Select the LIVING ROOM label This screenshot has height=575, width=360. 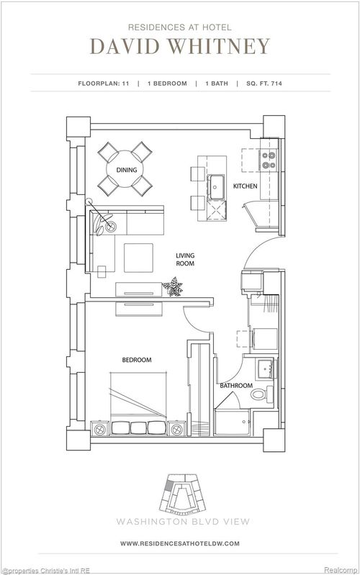tap(187, 260)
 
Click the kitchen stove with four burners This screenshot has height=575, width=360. tap(269, 159)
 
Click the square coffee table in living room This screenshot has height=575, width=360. tap(138, 258)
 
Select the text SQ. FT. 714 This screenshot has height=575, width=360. tap(261, 83)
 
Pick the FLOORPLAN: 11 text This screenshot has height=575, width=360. tap(103, 83)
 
